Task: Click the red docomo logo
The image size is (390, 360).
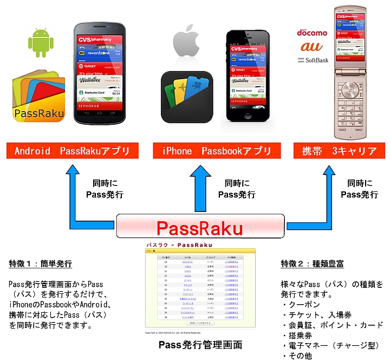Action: click(x=311, y=33)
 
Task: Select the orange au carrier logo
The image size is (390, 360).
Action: click(x=311, y=47)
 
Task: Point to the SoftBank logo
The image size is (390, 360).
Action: click(x=313, y=60)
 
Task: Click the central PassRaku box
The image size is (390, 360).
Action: click(x=200, y=226)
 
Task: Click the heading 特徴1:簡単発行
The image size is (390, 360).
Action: click(x=41, y=263)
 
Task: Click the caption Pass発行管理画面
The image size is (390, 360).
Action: click(x=200, y=345)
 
